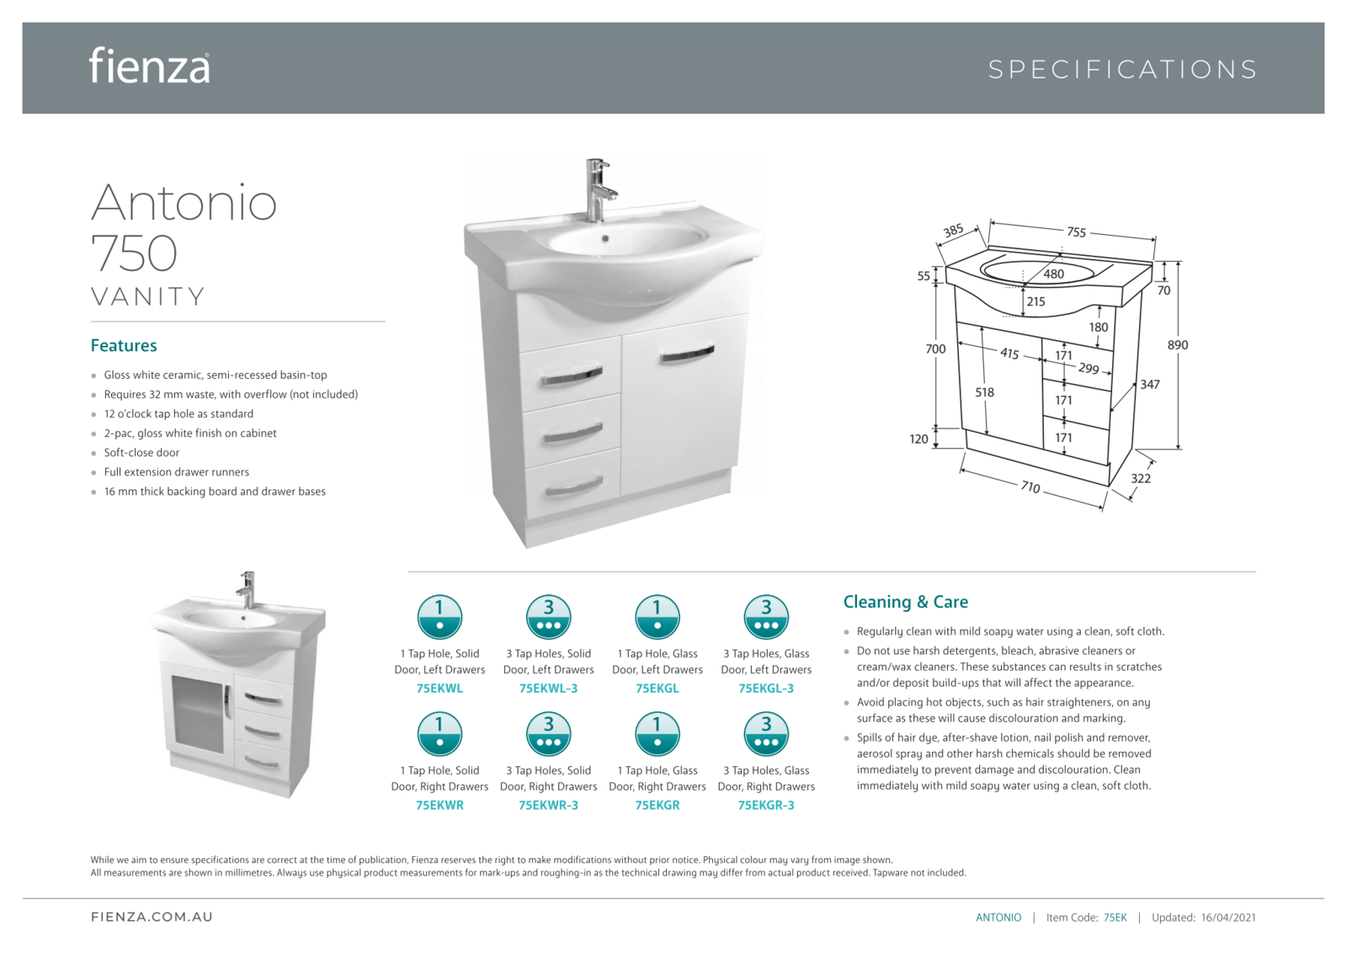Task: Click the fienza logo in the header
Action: tap(149, 66)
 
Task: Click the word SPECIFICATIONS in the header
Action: tap(1122, 69)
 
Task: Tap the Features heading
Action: tap(124, 345)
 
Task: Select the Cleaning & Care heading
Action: tap(905, 602)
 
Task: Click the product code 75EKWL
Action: tap(439, 689)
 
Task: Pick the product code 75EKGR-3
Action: tap(766, 806)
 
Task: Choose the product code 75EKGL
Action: tap(657, 689)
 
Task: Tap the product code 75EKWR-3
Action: tap(548, 806)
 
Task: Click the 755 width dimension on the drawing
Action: tap(1076, 232)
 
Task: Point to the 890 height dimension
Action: tap(1178, 344)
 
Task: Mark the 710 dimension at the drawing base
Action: tap(1030, 487)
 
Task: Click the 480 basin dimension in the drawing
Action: tap(1053, 274)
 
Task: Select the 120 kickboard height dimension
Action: tap(918, 439)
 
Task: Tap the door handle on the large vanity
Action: tap(687, 354)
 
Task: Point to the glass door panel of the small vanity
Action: tap(196, 714)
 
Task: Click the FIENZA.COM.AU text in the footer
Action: tap(152, 917)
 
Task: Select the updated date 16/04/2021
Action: tap(1228, 918)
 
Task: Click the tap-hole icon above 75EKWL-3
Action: tap(548, 617)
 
